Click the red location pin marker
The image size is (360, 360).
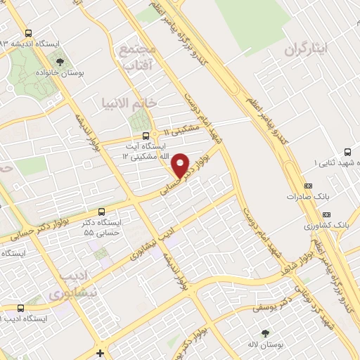click(x=181, y=165)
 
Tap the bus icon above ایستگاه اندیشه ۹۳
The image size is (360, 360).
click(x=28, y=33)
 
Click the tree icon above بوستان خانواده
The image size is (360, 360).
click(x=60, y=60)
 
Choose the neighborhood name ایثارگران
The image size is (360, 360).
click(x=307, y=51)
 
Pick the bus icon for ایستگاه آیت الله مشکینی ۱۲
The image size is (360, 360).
click(x=145, y=135)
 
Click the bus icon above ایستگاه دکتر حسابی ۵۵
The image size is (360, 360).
click(x=102, y=210)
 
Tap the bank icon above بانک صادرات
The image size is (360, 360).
click(x=307, y=186)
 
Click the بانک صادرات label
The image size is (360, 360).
click(x=307, y=197)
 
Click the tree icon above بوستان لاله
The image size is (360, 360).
click(x=264, y=333)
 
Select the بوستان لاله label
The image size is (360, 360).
click(x=264, y=346)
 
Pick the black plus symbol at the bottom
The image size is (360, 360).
click(x=101, y=353)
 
